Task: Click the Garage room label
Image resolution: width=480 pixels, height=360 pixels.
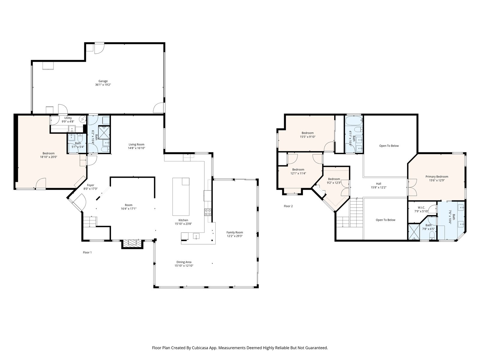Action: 103,81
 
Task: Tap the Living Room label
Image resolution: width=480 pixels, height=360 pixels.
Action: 136,145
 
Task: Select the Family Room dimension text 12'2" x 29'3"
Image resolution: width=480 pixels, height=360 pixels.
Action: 235,236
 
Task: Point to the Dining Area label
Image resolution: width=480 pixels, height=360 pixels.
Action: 184,262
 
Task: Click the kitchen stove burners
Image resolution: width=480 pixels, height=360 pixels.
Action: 208,212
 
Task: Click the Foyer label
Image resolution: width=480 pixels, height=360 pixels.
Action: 91,185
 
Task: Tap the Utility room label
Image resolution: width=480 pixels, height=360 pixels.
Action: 68,118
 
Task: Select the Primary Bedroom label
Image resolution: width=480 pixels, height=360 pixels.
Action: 437,177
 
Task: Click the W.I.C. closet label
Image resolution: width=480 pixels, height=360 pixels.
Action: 421,208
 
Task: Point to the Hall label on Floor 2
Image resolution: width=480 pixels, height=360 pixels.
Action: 379,184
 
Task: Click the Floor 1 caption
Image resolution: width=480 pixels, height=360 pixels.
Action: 87,253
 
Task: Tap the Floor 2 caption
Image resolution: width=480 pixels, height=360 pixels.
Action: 288,206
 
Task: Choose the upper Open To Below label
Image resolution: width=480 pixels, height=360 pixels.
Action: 389,146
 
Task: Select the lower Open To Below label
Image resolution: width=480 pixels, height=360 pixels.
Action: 385,220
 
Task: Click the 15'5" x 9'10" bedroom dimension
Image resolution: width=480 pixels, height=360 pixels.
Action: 307,137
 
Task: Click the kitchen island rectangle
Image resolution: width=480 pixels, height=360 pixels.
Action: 181,197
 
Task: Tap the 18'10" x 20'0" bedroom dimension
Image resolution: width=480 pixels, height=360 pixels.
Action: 49,157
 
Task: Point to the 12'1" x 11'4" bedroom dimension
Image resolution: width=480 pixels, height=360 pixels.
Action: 298,173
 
